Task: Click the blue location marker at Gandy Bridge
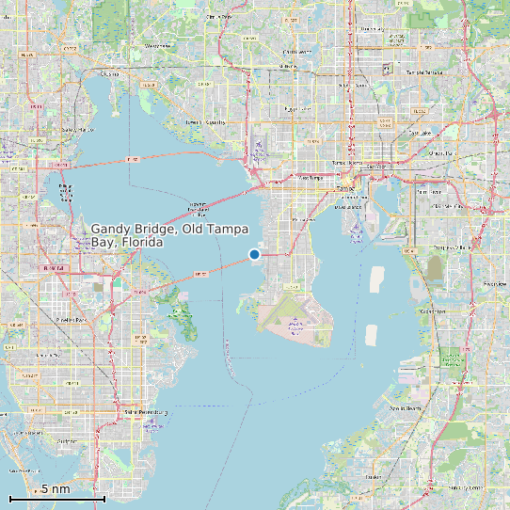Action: [x=254, y=254]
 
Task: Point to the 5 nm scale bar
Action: [x=56, y=495]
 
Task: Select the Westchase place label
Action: [x=159, y=45]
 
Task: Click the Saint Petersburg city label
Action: [x=140, y=411]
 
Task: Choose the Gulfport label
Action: [x=66, y=439]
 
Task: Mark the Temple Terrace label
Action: [x=423, y=72]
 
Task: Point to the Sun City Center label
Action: [x=465, y=488]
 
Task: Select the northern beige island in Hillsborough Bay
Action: [x=378, y=279]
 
